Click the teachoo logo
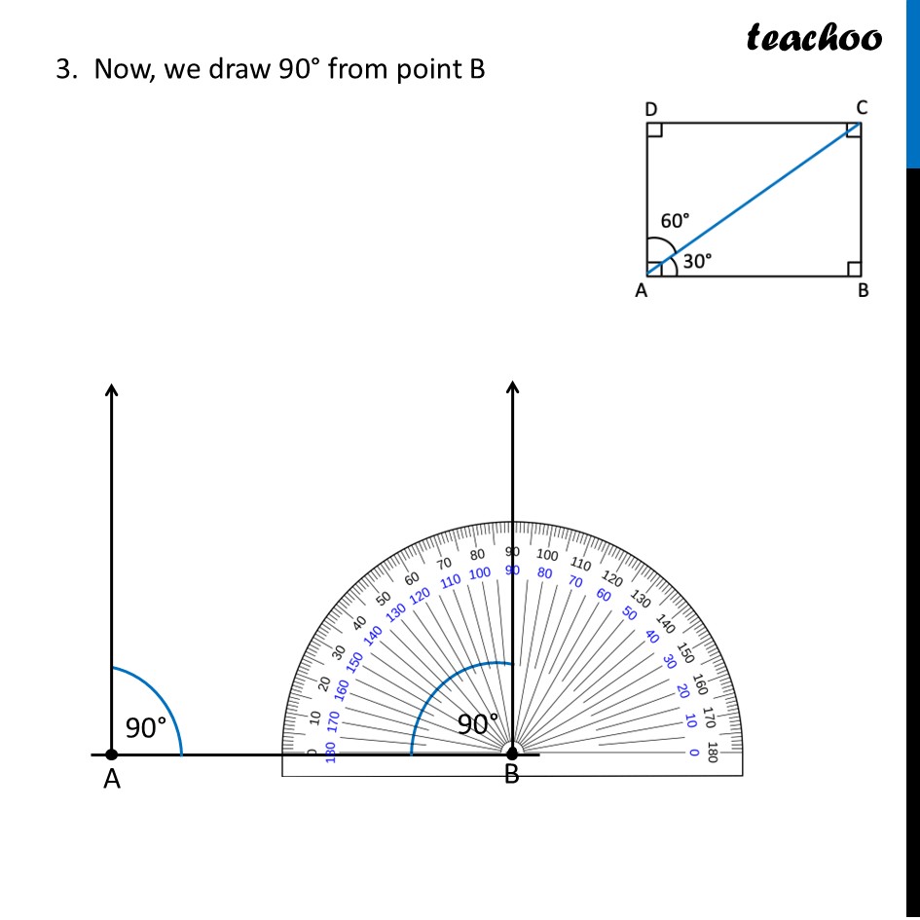814,37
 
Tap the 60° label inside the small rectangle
675,221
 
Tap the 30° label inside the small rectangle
696,261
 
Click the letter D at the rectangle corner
651,109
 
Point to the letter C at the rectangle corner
862,107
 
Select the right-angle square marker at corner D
655,130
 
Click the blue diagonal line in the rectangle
754,199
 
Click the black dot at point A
111,754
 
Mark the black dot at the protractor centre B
512,753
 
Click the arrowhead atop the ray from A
112,389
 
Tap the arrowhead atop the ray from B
513,387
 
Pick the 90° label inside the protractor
477,723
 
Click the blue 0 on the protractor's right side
693,753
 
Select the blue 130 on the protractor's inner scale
396,612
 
